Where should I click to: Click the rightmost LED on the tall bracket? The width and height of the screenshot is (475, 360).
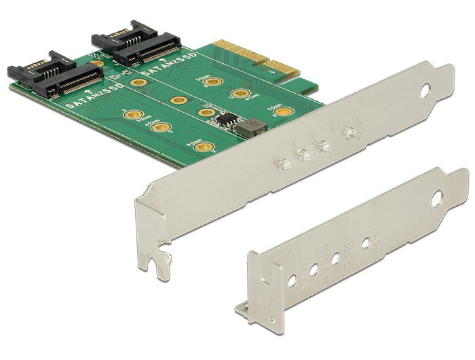[x=350, y=132]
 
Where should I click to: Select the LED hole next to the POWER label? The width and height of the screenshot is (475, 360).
[x=366, y=242]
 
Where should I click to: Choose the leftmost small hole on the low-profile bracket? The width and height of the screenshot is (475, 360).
[x=292, y=279]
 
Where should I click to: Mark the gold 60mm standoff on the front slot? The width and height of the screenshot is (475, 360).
[x=199, y=145]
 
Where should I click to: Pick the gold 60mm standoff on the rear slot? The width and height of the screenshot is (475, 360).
[x=285, y=110]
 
